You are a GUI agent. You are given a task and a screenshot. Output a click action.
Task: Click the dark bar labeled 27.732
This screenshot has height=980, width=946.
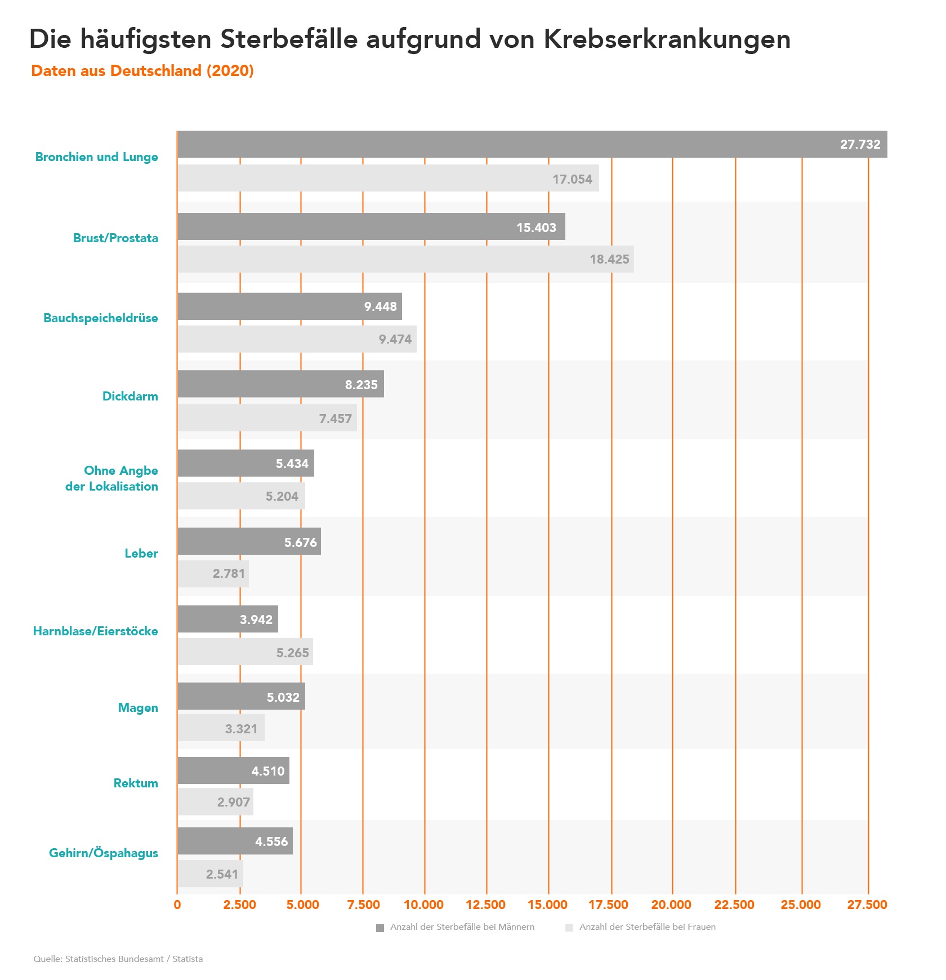point(532,144)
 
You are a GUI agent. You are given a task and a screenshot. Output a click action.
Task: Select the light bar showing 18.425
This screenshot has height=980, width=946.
point(405,259)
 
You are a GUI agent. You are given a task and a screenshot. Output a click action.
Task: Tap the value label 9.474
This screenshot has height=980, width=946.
point(395,339)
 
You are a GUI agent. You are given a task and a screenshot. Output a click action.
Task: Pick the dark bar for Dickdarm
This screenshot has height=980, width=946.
point(280,384)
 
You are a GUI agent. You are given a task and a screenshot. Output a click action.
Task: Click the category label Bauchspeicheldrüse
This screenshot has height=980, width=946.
point(101,318)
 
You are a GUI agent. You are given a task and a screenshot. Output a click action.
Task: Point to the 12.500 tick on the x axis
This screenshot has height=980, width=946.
point(485,905)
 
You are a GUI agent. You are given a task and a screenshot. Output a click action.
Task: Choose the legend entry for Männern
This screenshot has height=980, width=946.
point(456,927)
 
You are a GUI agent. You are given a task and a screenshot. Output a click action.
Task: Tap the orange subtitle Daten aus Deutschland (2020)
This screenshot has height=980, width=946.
point(142,71)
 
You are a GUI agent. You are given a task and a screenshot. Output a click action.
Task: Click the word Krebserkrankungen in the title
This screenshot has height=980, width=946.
point(667,39)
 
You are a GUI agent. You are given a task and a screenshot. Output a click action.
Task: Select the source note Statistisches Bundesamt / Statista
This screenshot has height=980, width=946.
point(118,959)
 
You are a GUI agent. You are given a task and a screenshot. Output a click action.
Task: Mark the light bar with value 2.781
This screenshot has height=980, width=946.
point(213,574)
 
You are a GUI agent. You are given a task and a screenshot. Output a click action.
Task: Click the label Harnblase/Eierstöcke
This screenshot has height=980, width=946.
point(96,631)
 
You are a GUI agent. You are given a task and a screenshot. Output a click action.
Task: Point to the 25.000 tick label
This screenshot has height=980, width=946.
point(800,905)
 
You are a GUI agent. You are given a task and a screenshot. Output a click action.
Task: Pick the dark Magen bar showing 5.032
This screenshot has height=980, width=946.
point(241,697)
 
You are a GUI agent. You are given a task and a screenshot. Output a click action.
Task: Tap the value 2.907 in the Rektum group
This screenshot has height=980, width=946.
point(233,802)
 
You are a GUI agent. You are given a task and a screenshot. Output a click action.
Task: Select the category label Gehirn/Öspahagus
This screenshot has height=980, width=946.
point(104,853)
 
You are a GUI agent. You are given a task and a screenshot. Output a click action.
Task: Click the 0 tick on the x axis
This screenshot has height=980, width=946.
point(177,905)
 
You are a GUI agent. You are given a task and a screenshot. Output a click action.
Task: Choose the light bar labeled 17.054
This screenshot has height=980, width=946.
point(388,179)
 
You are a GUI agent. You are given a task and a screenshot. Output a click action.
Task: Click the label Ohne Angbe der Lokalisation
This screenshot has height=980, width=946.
point(112,479)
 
